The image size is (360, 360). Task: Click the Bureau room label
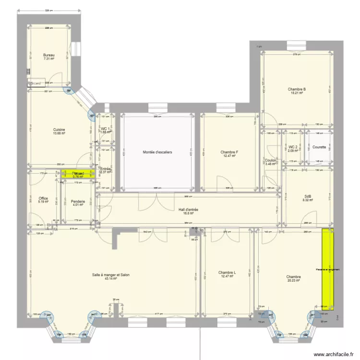(x=49, y=55)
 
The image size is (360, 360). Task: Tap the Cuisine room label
(x=59, y=130)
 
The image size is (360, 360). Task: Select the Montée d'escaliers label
(x=157, y=152)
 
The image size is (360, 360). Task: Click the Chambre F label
(x=230, y=152)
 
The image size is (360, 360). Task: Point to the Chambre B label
(x=297, y=89)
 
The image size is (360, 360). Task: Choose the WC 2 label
(x=293, y=147)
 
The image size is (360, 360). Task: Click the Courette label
(x=319, y=147)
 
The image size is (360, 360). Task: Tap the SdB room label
(x=308, y=196)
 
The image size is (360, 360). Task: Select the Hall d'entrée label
(x=188, y=210)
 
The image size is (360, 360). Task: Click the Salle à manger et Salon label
(x=111, y=275)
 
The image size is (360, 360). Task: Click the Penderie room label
(x=77, y=202)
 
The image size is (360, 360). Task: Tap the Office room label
(x=43, y=198)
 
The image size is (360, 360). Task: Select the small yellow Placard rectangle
(x=77, y=174)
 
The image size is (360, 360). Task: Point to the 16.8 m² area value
(x=188, y=214)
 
